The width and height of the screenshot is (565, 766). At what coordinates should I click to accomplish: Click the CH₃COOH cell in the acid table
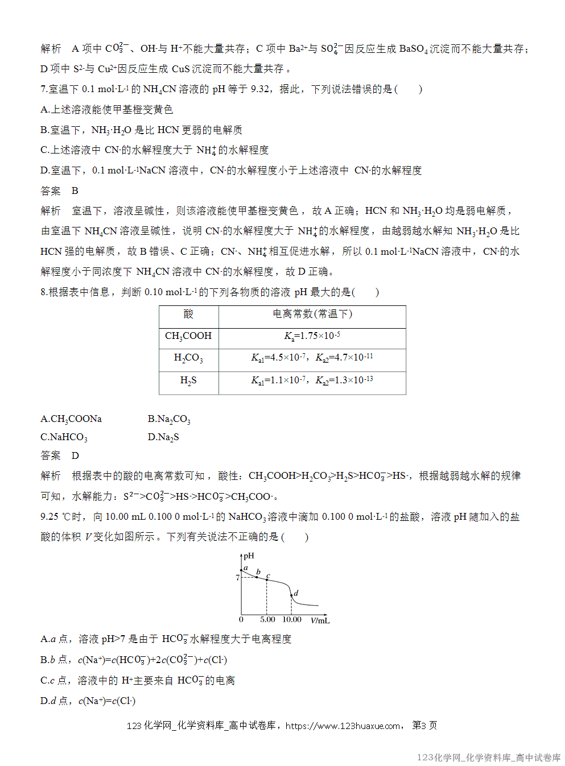[x=188, y=336]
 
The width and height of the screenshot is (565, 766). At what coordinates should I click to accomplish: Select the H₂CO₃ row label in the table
[x=188, y=358]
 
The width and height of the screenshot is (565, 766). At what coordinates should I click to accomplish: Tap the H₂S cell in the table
[x=188, y=380]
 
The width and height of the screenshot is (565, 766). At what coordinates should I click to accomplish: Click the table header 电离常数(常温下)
[x=312, y=314]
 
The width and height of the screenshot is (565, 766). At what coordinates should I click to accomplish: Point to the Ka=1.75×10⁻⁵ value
[x=312, y=336]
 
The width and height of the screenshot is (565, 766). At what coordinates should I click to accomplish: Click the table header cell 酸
[x=188, y=314]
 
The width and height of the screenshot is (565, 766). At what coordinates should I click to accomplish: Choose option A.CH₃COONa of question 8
[x=71, y=419]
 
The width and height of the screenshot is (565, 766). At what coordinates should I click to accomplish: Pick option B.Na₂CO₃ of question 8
[x=169, y=419]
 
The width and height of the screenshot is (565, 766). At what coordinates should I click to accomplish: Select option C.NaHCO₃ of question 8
[x=64, y=437]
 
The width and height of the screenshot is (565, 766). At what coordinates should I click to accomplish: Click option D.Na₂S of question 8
[x=163, y=437]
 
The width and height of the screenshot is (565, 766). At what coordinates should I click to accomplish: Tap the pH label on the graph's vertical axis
[x=249, y=556]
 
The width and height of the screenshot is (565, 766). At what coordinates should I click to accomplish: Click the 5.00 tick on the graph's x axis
[x=267, y=620]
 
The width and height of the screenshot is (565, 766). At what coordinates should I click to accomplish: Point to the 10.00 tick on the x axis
[x=292, y=620]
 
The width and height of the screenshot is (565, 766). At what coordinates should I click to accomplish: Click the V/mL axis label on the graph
[x=320, y=620]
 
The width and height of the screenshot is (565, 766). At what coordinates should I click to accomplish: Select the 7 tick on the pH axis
[x=238, y=578]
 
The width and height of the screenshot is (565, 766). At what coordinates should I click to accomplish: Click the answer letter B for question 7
[x=75, y=191]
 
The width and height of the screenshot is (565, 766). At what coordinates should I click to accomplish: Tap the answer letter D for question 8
[x=75, y=456]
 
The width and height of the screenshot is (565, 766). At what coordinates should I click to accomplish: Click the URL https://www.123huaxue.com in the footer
[x=343, y=726]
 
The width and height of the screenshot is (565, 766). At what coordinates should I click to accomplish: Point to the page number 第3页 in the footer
[x=424, y=726]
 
